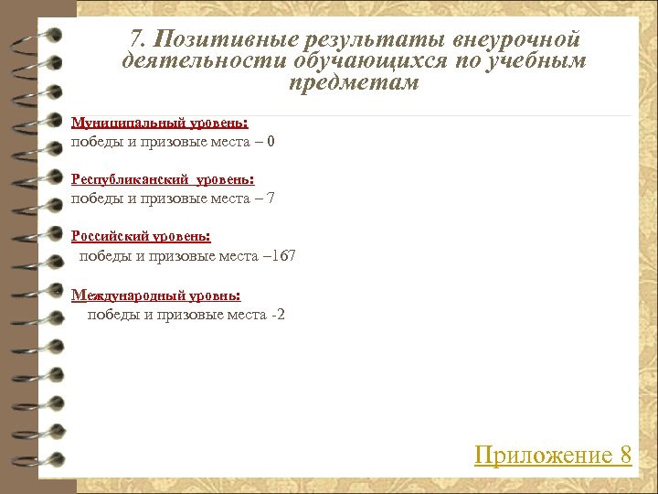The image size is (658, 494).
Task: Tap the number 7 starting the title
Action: coord(137,39)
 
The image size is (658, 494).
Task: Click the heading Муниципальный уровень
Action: coord(160,123)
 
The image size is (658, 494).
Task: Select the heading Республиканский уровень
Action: coord(163,179)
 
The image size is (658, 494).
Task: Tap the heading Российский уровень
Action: coord(141,236)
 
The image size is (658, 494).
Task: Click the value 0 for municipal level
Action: coord(271,142)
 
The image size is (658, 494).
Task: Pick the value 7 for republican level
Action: coord(271,199)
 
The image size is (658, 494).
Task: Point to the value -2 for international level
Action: coord(280,315)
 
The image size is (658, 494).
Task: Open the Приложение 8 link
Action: coord(553,455)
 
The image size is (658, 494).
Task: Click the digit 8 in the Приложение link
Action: coord(625,455)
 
